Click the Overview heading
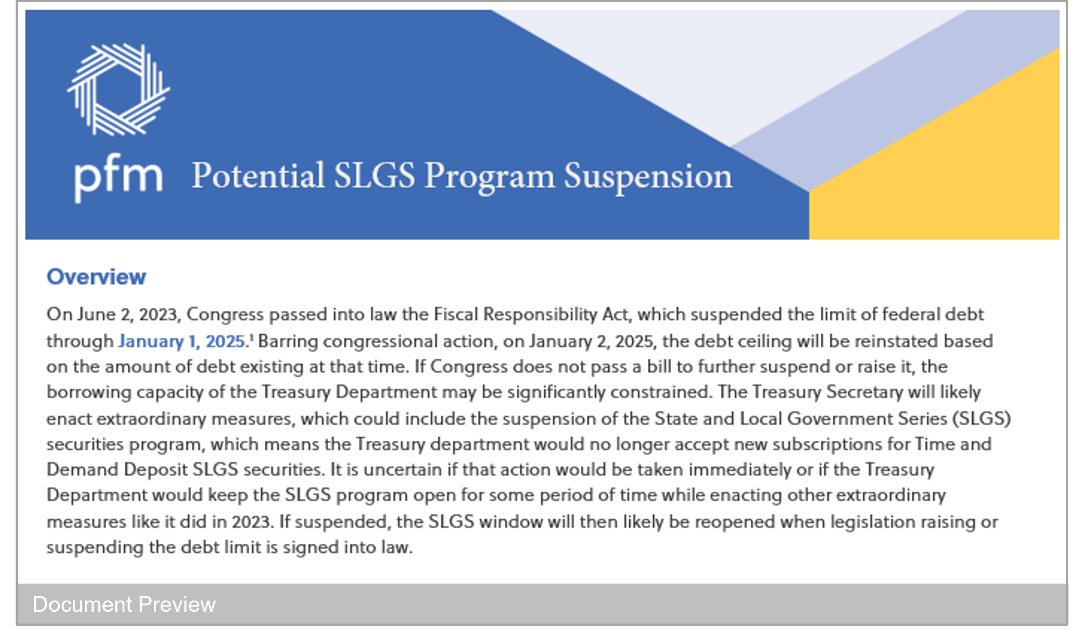(x=96, y=277)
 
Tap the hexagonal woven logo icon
(x=118, y=89)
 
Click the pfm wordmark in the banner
(x=118, y=178)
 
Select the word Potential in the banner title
(x=258, y=176)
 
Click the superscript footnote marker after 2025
(x=252, y=336)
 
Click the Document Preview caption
(x=124, y=604)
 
